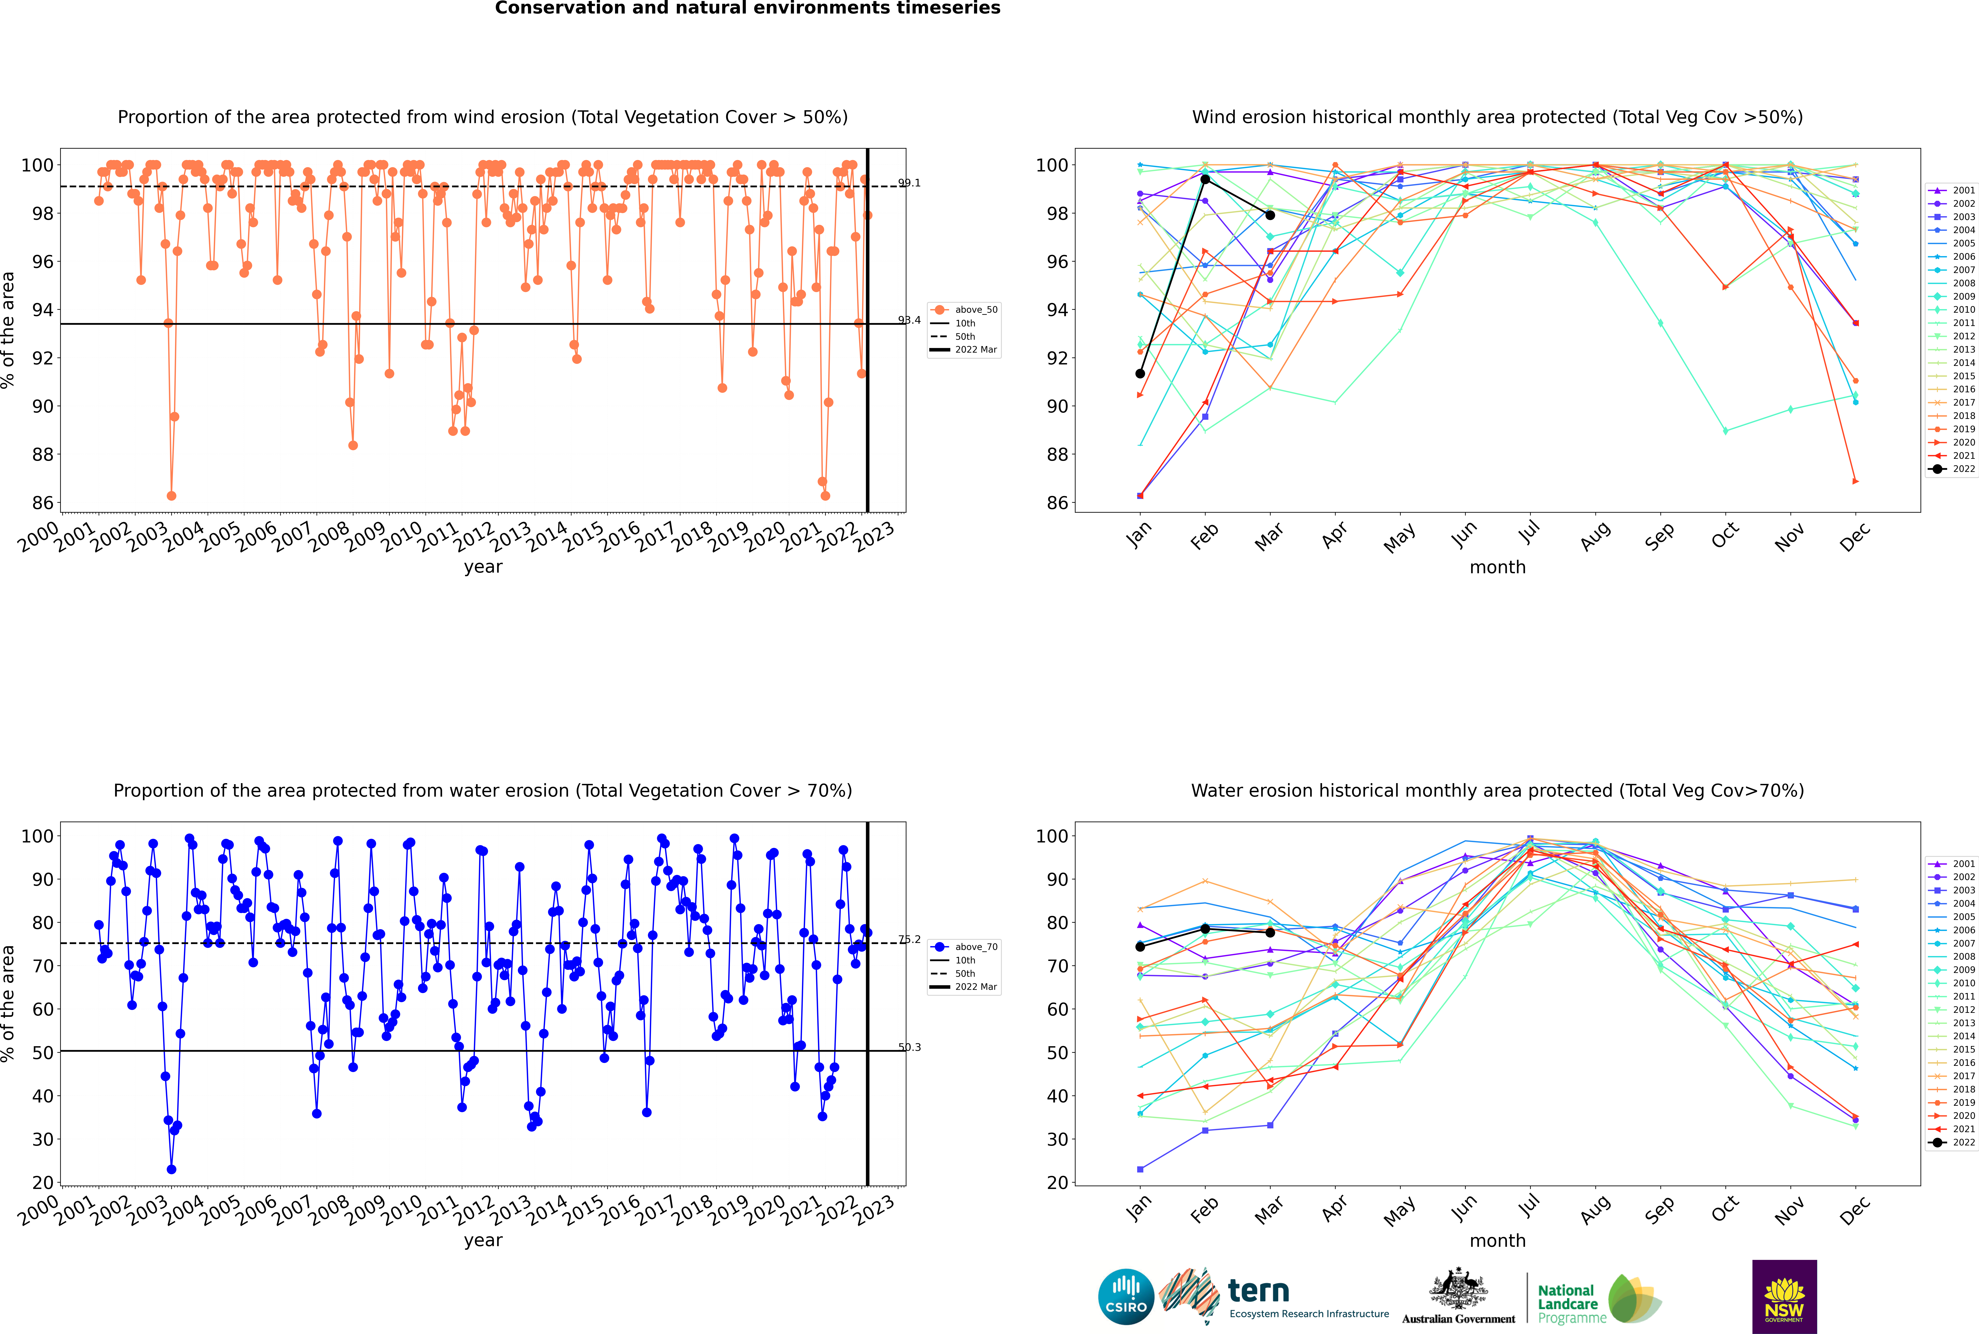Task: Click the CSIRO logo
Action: click(1126, 1297)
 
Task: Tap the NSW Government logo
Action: click(1784, 1296)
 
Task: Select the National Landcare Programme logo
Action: click(1598, 1299)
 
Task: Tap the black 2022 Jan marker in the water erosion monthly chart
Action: click(1140, 947)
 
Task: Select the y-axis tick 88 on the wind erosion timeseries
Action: click(42, 454)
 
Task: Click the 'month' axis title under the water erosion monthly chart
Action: click(1497, 1240)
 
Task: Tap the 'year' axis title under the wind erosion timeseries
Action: click(482, 567)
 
